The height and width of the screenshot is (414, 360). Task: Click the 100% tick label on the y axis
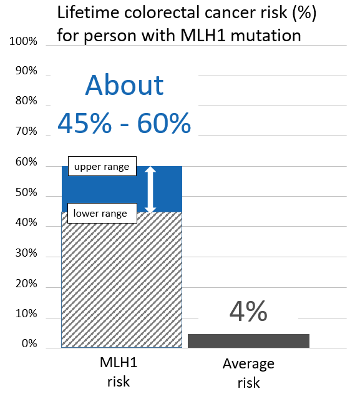click(24, 42)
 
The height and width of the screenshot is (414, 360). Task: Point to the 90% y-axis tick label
click(26, 71)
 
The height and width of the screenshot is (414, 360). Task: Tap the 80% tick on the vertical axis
click(26, 102)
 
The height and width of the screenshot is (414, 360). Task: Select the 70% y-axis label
click(26, 132)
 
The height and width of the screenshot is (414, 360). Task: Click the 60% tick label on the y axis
click(26, 163)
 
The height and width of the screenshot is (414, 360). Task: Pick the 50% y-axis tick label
click(26, 193)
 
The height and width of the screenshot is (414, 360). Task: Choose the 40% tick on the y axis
click(26, 224)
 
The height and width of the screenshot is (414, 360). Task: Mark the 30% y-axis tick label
click(26, 254)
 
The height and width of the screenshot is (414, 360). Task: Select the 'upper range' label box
click(102, 167)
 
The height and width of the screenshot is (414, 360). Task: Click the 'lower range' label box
click(100, 214)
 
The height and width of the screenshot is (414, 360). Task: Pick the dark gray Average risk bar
click(248, 340)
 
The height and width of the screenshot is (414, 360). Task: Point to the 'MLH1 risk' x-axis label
click(118, 372)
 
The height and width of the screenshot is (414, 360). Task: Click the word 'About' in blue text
click(124, 86)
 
